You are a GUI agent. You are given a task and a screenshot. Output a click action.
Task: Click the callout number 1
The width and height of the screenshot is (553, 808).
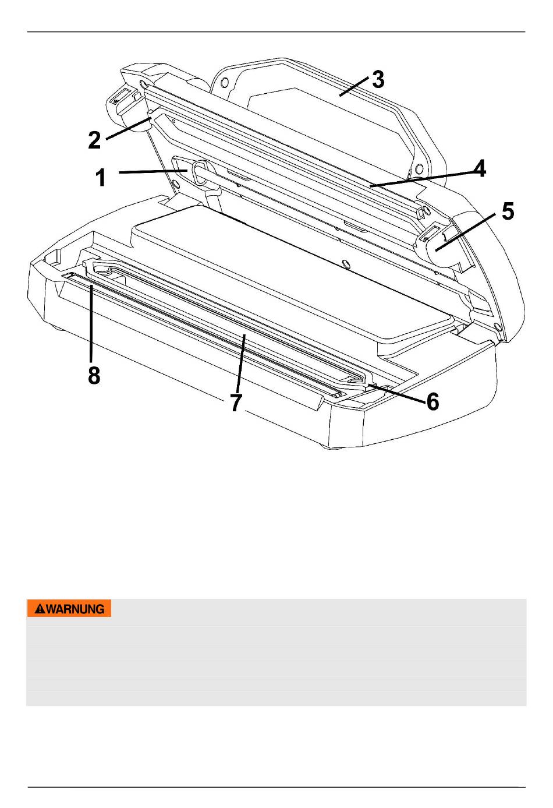(x=101, y=178)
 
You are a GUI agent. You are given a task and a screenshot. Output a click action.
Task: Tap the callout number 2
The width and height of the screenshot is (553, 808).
(x=94, y=140)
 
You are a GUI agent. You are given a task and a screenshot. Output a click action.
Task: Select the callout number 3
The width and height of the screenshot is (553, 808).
(x=378, y=79)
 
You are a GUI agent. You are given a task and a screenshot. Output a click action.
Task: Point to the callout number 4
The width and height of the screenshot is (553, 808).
(x=479, y=168)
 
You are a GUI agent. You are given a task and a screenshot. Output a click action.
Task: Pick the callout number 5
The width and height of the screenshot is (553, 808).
(x=508, y=211)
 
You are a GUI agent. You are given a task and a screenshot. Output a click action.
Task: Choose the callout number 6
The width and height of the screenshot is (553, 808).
(x=433, y=401)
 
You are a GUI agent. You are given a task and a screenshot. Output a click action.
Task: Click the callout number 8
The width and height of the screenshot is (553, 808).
(x=94, y=375)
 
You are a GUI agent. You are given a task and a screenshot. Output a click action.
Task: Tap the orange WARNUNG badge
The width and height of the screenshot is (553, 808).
(x=69, y=608)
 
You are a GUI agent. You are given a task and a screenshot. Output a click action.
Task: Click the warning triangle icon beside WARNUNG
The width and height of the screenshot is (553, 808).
(x=40, y=609)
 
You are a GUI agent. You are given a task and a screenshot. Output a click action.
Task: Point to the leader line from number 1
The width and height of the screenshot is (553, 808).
(x=153, y=171)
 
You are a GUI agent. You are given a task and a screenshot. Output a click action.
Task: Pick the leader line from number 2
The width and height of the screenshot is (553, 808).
(x=128, y=128)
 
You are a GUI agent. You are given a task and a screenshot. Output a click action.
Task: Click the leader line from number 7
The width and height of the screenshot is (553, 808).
(x=240, y=364)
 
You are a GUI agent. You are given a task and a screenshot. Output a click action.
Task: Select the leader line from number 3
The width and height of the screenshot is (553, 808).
(x=354, y=87)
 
